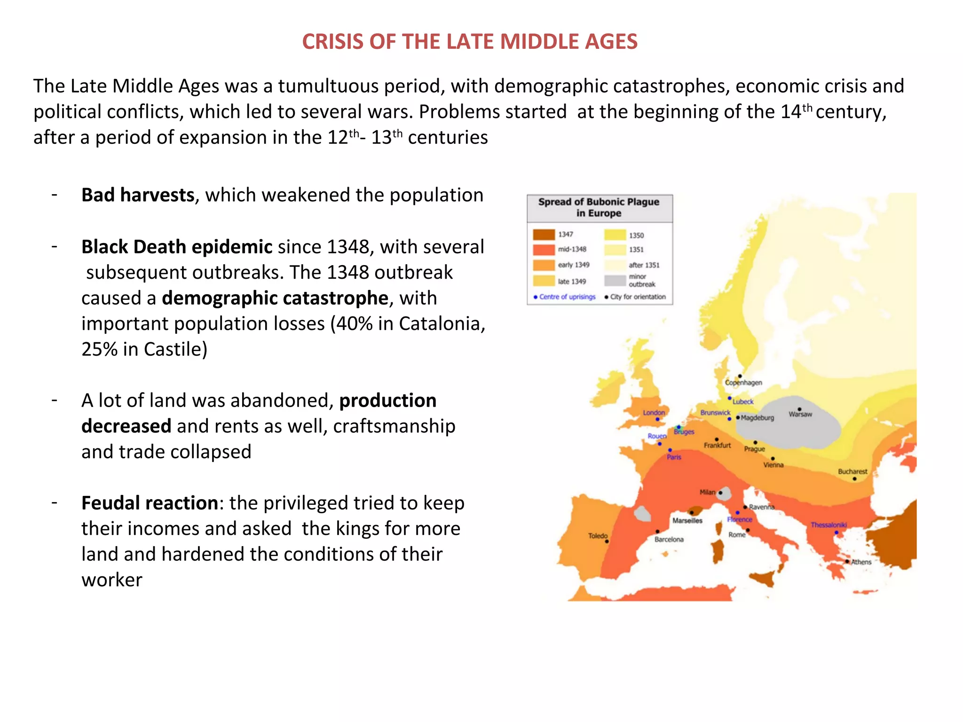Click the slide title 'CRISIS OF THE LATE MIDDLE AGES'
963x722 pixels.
(469, 41)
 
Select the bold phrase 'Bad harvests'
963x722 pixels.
(138, 195)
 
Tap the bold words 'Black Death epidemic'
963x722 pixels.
(176, 247)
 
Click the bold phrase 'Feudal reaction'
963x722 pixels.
(150, 503)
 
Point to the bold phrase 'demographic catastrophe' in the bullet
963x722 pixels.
(275, 298)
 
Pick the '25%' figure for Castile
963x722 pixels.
(99, 349)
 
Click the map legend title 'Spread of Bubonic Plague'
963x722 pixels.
(599, 202)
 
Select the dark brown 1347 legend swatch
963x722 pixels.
(544, 235)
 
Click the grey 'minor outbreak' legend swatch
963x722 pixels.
(615, 281)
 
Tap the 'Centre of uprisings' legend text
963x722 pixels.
(567, 297)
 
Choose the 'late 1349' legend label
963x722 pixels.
(572, 282)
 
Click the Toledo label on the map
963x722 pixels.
(598, 536)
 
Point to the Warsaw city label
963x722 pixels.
(800, 415)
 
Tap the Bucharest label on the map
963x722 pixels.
(852, 471)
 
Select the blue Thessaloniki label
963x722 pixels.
(829, 525)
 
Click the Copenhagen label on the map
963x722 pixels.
(743, 383)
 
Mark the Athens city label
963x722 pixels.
(861, 562)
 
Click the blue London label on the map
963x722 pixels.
(654, 413)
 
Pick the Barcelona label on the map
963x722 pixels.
(669, 540)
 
